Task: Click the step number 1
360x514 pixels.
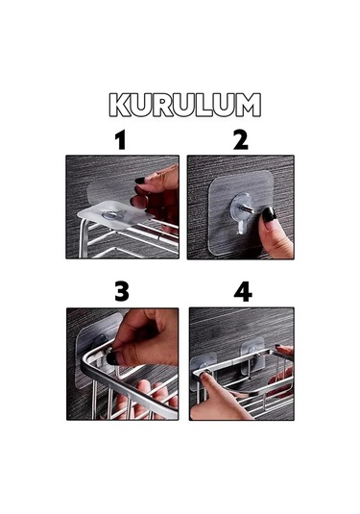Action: [120, 140]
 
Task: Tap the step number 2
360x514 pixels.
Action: [240, 140]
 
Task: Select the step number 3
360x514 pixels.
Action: [121, 291]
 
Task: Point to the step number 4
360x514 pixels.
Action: [242, 291]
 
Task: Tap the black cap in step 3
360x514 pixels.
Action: [112, 356]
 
